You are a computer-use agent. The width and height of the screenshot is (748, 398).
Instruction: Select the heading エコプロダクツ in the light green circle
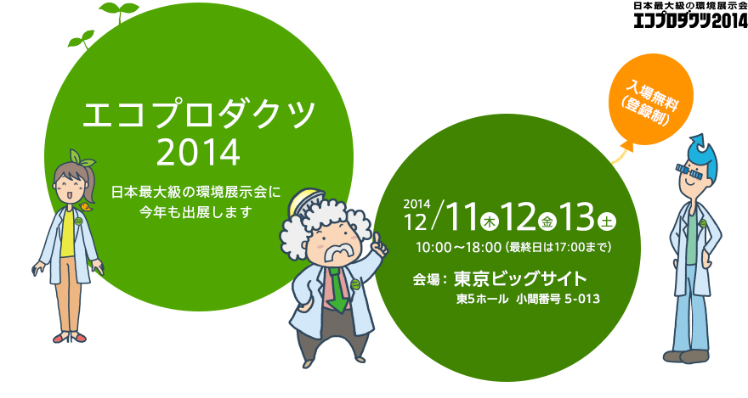click(199, 115)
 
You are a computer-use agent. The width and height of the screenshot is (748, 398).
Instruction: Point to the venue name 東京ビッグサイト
click(519, 278)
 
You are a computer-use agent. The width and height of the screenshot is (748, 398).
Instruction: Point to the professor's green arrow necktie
click(337, 291)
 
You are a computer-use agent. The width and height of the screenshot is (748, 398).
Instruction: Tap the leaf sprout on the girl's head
click(81, 157)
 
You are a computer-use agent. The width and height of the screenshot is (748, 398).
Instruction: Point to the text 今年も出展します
click(196, 211)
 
